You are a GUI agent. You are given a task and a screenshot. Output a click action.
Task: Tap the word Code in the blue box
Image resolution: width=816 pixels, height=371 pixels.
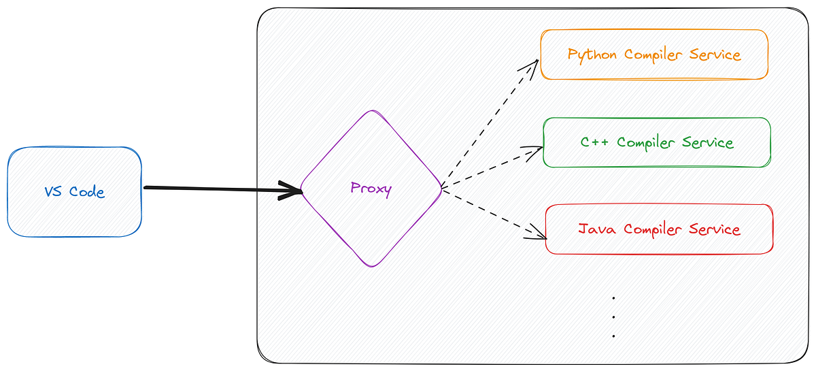coord(87,192)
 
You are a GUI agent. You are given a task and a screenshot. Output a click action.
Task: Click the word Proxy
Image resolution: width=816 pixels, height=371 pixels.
coord(371,189)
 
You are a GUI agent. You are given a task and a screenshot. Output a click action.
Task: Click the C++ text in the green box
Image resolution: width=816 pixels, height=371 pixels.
coord(596,143)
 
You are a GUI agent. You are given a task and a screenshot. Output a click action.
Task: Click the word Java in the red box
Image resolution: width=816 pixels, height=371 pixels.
coord(598,229)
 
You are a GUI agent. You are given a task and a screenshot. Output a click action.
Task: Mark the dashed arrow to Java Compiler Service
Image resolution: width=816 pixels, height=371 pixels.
coord(493,214)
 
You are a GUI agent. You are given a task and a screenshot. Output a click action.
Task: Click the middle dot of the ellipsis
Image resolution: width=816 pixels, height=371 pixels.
coord(613,317)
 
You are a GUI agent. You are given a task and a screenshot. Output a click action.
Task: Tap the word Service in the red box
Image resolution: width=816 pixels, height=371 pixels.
coord(713,229)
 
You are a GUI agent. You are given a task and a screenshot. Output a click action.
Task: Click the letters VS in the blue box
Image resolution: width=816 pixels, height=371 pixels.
coord(54,192)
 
